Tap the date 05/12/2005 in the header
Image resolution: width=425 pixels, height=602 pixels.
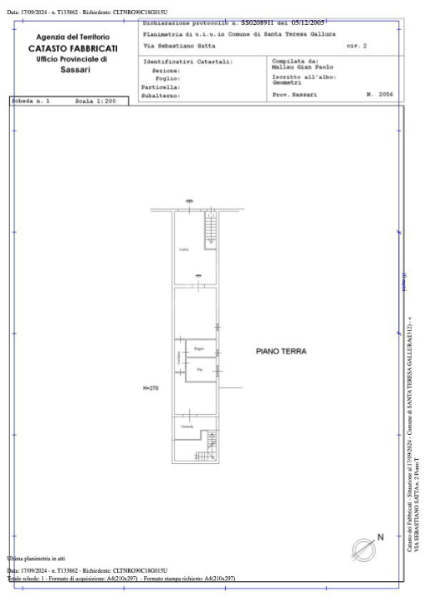point(308,23)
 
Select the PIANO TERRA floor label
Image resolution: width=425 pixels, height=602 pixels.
point(280,351)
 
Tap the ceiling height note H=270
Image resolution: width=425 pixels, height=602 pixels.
point(151,388)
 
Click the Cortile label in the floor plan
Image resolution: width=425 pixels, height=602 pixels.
point(184,249)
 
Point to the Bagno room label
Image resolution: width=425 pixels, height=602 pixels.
point(199,348)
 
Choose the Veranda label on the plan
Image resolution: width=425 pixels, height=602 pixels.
point(187,427)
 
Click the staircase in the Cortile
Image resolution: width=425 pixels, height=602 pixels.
point(211,227)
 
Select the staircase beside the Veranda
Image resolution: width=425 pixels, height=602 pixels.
point(210,443)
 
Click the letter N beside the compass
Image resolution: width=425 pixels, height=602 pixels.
point(381,538)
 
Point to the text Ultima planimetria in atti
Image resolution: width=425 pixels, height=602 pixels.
point(36,558)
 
